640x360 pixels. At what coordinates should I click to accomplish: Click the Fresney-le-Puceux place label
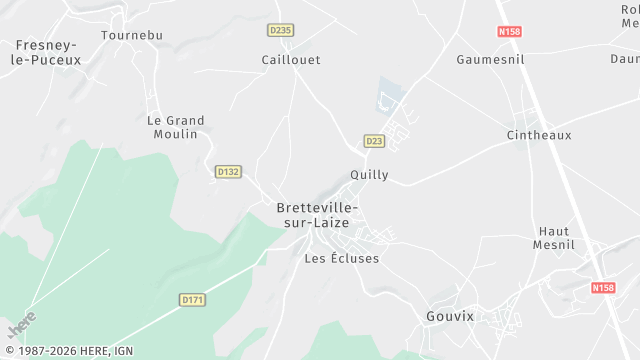click(49, 52)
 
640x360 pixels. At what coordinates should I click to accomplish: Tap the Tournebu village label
click(131, 35)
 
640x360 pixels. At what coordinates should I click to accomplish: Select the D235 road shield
click(280, 30)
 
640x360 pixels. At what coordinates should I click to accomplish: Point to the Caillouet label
click(291, 60)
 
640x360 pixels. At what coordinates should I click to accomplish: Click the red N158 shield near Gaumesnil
click(510, 31)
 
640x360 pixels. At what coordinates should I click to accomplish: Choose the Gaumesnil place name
click(490, 60)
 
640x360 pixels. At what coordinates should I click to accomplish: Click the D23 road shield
click(374, 141)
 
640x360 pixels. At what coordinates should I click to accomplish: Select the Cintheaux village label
click(539, 135)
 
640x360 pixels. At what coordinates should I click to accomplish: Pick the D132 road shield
click(228, 172)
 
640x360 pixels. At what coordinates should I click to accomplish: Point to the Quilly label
click(369, 175)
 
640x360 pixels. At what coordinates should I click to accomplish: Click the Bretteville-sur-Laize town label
click(317, 215)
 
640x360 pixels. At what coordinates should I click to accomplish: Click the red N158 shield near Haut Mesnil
click(603, 288)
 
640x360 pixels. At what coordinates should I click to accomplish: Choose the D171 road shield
click(193, 299)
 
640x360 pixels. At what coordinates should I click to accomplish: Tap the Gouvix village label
click(449, 316)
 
